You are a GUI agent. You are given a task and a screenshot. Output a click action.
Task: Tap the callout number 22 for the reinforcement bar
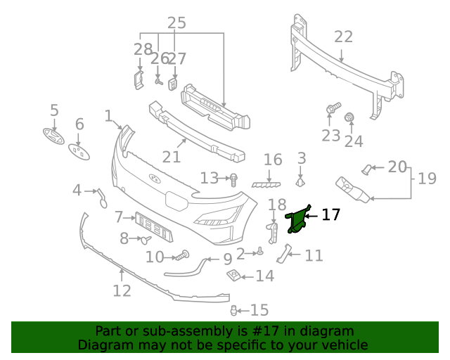(x=343, y=37)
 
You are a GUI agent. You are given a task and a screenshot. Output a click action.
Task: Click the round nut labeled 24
(x=349, y=117)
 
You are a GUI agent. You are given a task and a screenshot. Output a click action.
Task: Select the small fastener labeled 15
(x=234, y=310)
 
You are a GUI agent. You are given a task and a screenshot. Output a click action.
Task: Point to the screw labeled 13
(x=234, y=179)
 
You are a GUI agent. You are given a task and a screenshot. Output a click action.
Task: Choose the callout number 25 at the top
(x=176, y=22)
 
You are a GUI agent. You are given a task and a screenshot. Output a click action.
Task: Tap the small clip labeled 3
(x=300, y=182)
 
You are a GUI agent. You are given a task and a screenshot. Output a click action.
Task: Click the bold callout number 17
(x=330, y=214)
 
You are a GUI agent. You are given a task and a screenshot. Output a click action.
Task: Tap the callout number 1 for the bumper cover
(x=108, y=115)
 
